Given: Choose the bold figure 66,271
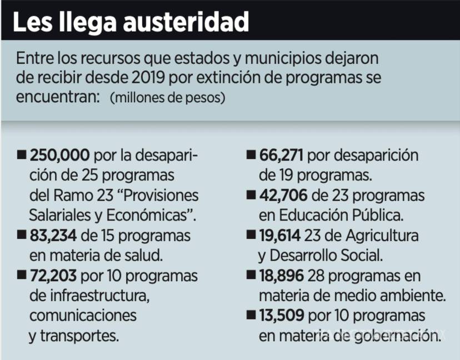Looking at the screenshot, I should click(282, 155).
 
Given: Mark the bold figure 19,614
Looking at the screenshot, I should click(281, 236).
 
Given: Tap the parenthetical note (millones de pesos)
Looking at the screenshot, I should click(167, 98).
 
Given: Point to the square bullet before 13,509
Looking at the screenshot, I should click(251, 316).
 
